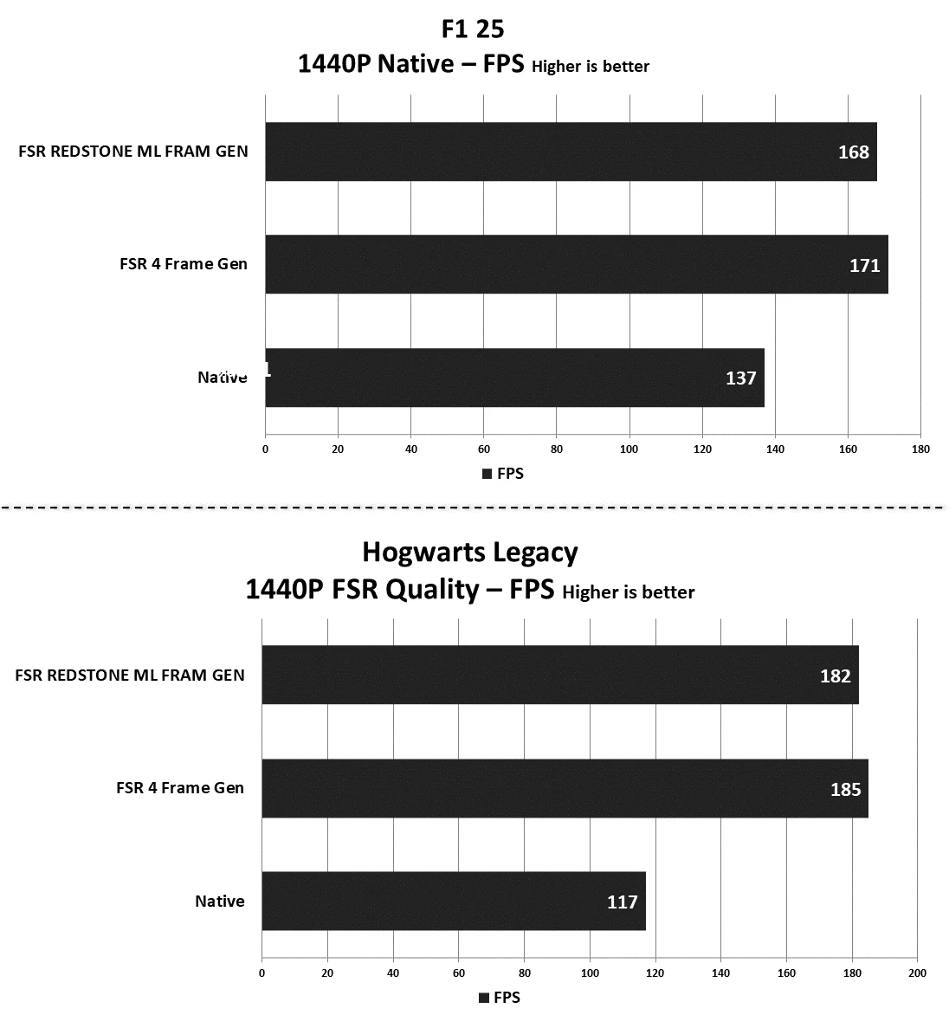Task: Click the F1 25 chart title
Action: tap(473, 29)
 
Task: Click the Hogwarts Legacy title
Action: tap(470, 552)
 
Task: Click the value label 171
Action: tap(864, 265)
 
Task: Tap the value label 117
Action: tap(622, 902)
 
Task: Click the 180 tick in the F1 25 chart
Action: tap(920, 449)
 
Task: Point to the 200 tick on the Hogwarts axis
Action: tap(918, 973)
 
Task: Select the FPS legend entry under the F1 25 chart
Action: tap(503, 474)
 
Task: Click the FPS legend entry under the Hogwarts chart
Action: tap(500, 998)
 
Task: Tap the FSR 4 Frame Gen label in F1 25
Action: tap(184, 264)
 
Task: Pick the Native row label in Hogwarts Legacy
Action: tap(220, 902)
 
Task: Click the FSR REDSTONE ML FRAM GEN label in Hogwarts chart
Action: tap(130, 675)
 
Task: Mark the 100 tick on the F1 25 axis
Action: tap(629, 449)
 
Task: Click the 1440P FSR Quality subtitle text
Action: tap(398, 590)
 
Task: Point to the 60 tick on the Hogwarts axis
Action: tap(459, 973)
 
